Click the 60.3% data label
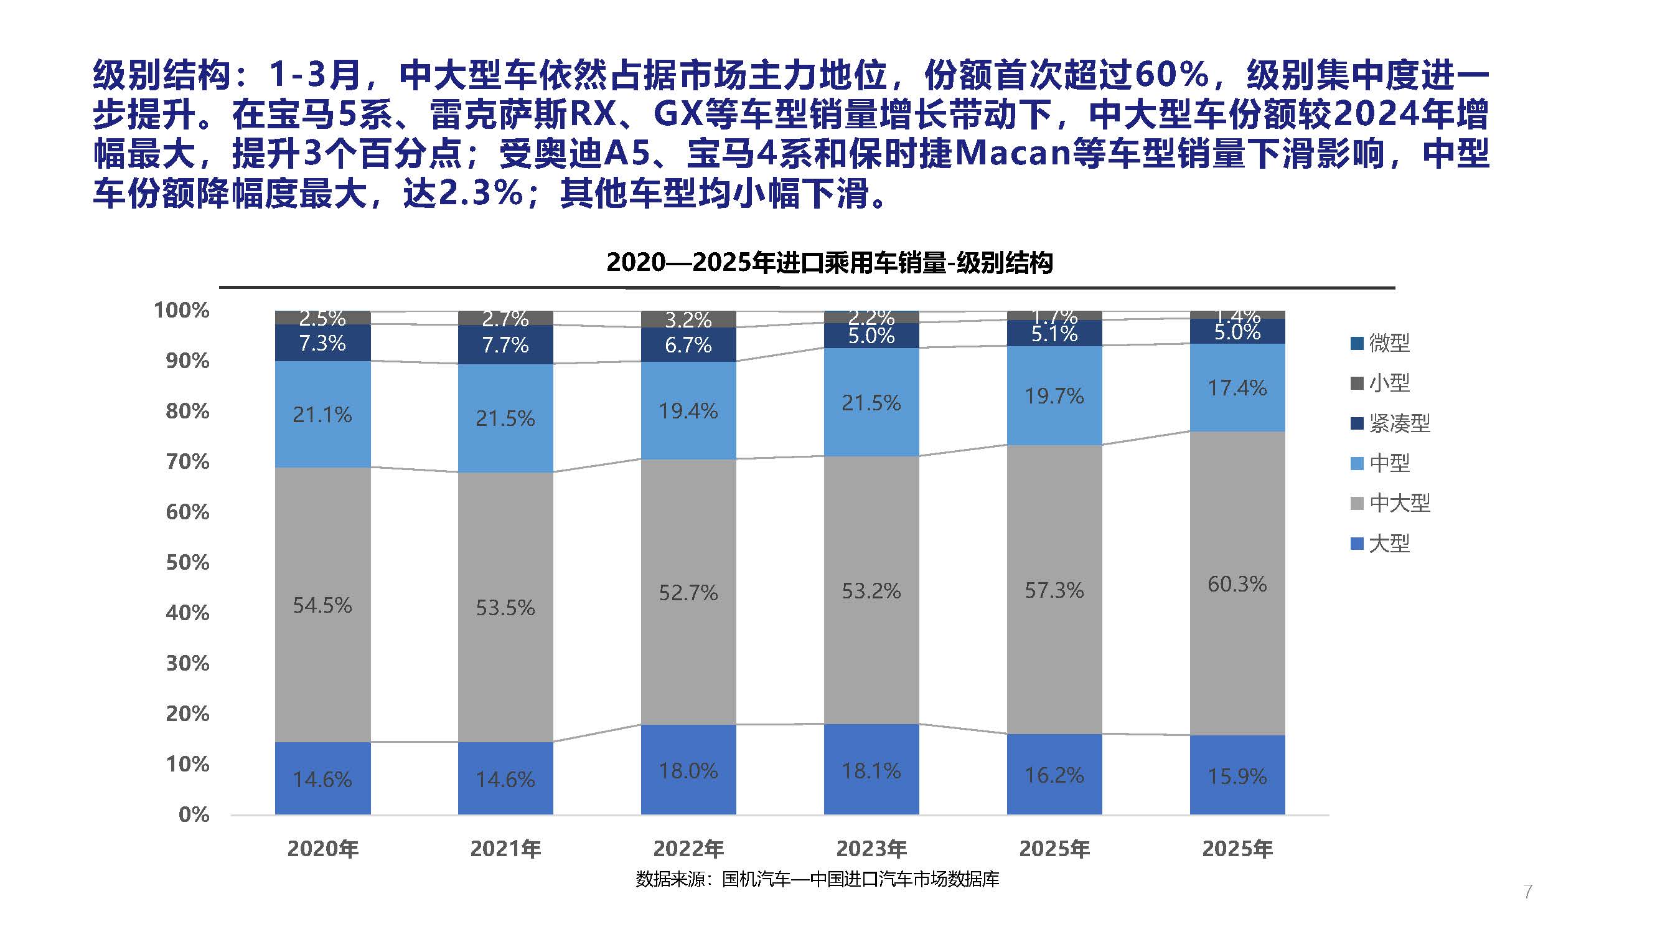click(x=1237, y=584)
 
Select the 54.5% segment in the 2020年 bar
click(x=322, y=605)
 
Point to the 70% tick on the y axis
click(x=187, y=461)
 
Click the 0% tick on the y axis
click(x=194, y=814)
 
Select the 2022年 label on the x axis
click(x=688, y=849)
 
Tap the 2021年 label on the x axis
click(x=505, y=849)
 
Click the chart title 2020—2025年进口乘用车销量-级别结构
click(x=829, y=262)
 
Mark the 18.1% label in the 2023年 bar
click(x=871, y=771)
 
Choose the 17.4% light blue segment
click(x=1237, y=388)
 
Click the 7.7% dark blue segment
click(x=505, y=346)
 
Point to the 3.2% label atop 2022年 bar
click(x=688, y=319)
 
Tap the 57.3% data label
click(x=1054, y=590)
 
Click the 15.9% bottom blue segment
click(x=1237, y=776)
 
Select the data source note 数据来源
click(x=817, y=879)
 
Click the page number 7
click(x=1527, y=892)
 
